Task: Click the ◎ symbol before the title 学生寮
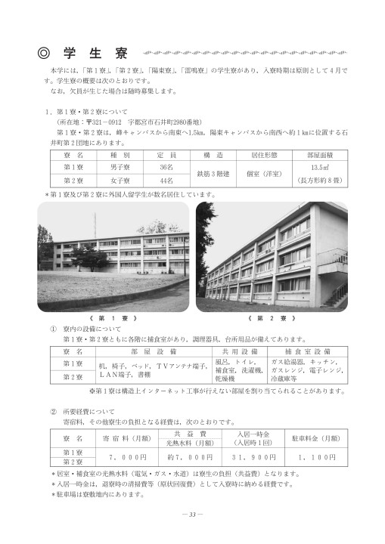pyautogui.click(x=44, y=54)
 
